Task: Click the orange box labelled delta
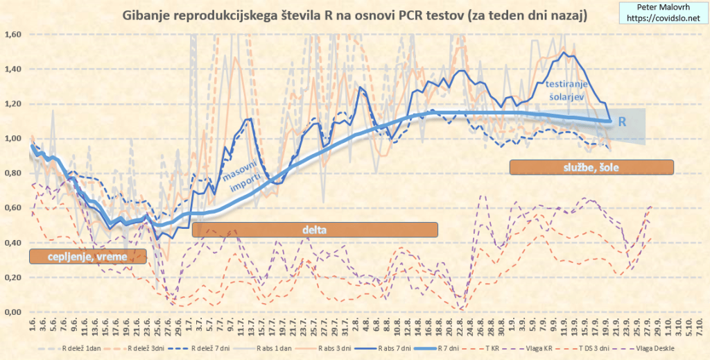pos(314,230)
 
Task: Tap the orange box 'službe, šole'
pos(591,167)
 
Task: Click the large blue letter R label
pos(623,121)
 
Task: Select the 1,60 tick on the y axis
pos(14,34)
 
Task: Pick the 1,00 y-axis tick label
pos(14,139)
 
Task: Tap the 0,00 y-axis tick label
pos(14,312)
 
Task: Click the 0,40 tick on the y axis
pos(14,243)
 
